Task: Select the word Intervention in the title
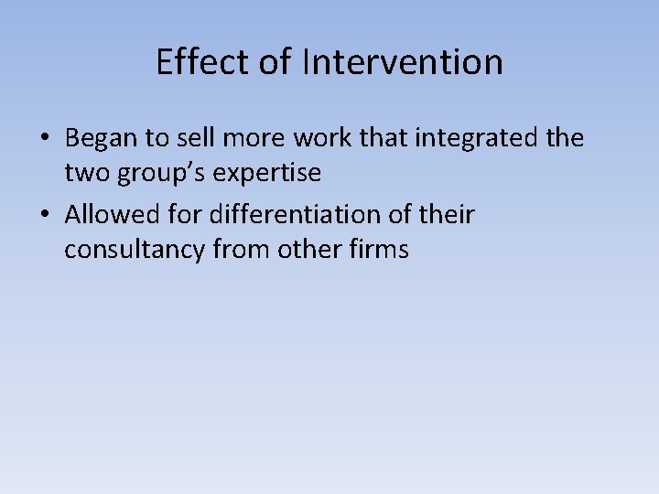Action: click(x=403, y=62)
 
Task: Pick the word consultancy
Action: click(x=135, y=249)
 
